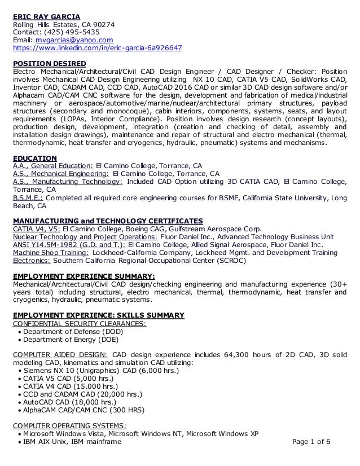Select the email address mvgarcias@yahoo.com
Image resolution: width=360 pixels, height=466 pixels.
coord(74,40)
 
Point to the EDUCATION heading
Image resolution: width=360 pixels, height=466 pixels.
coord(34,158)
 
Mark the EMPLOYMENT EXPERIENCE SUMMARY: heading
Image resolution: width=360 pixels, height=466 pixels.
coord(84,276)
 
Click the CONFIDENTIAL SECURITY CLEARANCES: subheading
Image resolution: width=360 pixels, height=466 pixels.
coord(79,323)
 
